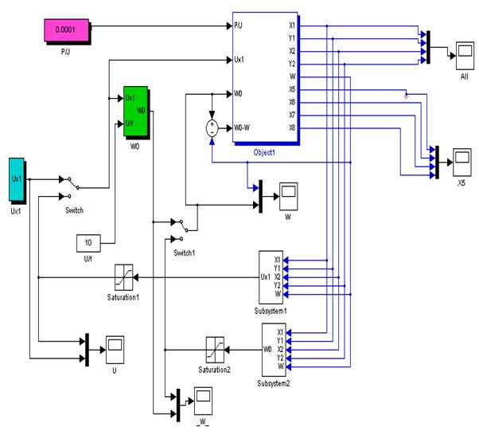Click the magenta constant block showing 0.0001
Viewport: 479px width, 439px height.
[67, 33]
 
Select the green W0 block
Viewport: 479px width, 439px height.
[135, 111]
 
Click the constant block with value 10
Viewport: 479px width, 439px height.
[87, 242]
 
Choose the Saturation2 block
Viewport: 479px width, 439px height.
[215, 349]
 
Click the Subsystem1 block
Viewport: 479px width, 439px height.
[271, 276]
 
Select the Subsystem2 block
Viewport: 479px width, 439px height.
[273, 349]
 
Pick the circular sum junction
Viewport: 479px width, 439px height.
[212, 127]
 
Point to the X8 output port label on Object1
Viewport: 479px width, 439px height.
[292, 127]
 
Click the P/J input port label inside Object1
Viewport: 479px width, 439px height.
[239, 25]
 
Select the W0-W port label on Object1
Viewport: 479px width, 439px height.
[243, 127]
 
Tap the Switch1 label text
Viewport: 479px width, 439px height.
[184, 253]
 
